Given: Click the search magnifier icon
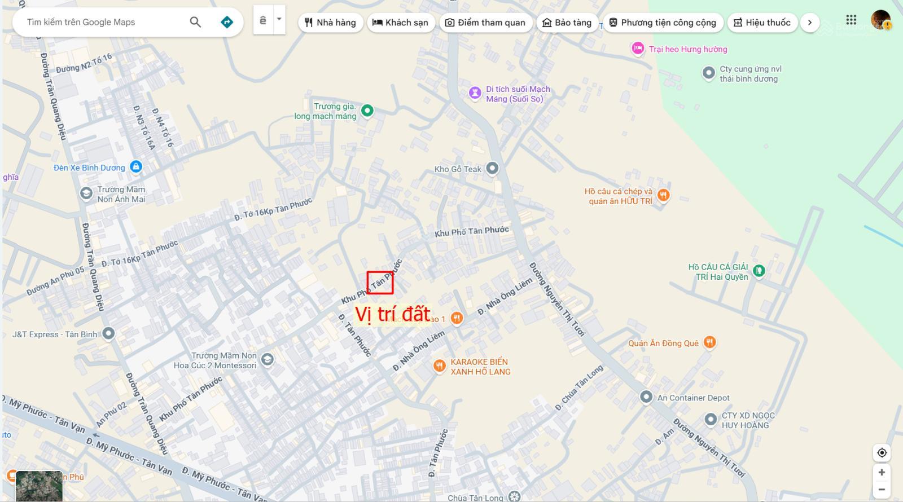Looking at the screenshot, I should (x=195, y=22).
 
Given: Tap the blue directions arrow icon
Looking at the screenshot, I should (x=227, y=22).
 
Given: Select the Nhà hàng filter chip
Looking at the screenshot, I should (x=330, y=23).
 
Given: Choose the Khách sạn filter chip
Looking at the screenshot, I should (x=401, y=23).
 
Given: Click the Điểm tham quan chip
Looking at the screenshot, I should (x=485, y=23).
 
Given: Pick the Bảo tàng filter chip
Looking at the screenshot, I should (x=567, y=23).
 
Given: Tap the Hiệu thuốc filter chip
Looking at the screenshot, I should (x=762, y=23).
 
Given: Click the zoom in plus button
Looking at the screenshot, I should (x=882, y=472).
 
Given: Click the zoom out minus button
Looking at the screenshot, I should (x=882, y=489).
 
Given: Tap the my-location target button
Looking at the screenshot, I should (x=882, y=452).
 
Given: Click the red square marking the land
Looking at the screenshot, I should (x=380, y=283).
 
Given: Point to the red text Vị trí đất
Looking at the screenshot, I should (x=392, y=314).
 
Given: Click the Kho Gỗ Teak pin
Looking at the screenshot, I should (x=492, y=168).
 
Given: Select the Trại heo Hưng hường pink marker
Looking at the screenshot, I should (x=638, y=49).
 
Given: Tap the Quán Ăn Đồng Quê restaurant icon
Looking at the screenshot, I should (x=710, y=342).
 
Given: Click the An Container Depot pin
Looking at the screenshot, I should (x=646, y=397).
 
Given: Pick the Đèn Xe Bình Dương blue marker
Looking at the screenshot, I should (x=135, y=167).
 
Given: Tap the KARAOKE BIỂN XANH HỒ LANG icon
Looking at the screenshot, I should (x=439, y=366).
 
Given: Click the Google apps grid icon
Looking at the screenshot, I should (x=851, y=20).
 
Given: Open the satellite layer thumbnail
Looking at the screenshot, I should (x=38, y=486).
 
